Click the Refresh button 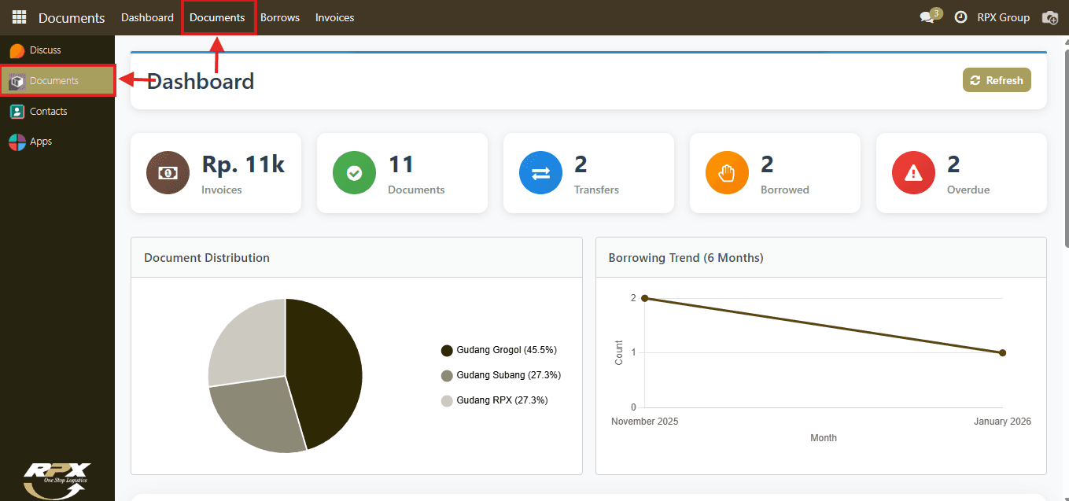997,80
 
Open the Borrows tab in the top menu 280,17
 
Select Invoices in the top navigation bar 334,17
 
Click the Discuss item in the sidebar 45,50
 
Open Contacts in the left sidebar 48,111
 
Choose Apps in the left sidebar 41,142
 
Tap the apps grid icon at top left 19,17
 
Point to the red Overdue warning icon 913,173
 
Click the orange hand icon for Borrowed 727,173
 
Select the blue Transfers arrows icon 540,173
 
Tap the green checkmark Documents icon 354,173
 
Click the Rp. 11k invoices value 243,164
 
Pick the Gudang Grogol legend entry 499,350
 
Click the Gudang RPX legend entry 495,400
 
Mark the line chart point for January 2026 1003,352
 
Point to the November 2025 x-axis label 644,422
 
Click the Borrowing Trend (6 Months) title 686,258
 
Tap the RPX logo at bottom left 57,481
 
